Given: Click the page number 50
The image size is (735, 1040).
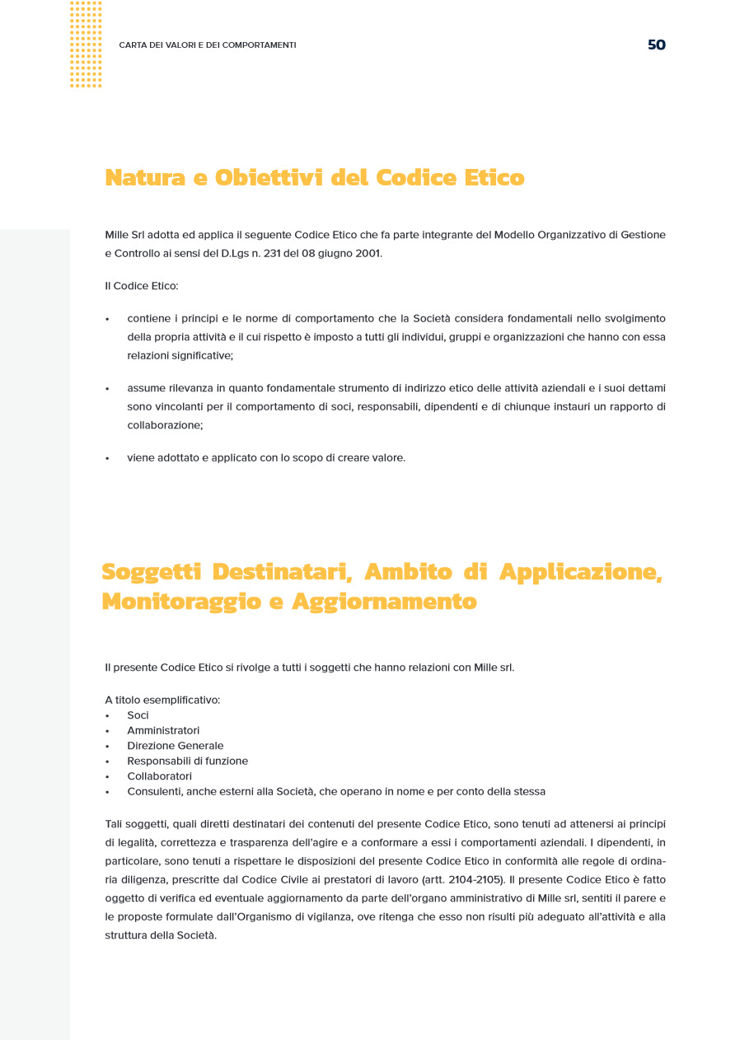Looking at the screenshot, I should tap(656, 45).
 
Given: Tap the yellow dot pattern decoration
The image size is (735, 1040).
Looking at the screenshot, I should tap(86, 45).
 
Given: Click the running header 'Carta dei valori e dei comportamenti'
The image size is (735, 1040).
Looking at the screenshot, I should tap(208, 45).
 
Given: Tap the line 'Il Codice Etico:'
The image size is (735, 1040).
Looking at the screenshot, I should tap(142, 286).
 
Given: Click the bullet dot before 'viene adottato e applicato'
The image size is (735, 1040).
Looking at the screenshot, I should tap(107, 458).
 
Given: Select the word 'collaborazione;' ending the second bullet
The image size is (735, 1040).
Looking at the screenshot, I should tap(165, 425).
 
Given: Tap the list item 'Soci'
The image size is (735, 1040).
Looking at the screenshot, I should tap(138, 715).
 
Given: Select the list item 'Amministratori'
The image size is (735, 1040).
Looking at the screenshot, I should tap(163, 730).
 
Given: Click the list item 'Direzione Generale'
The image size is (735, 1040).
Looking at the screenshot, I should tap(175, 746).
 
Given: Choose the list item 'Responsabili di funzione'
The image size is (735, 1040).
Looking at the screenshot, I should tap(187, 761).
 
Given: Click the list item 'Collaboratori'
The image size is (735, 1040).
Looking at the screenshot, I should tap(159, 776).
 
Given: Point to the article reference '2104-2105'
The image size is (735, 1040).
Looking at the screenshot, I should tap(472, 879).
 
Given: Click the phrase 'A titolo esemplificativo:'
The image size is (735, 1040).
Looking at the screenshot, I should tap(162, 700).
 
